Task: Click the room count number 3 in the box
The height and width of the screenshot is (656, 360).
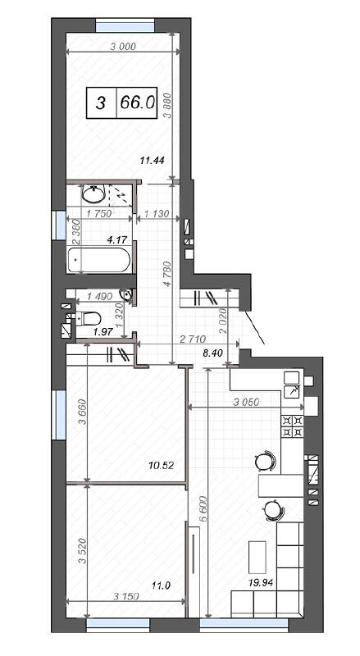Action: pyautogui.click(x=101, y=102)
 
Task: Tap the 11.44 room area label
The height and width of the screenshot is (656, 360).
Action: pyautogui.click(x=153, y=160)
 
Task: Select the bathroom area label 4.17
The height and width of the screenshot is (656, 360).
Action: pyautogui.click(x=97, y=240)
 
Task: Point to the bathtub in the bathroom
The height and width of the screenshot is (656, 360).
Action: pyautogui.click(x=100, y=262)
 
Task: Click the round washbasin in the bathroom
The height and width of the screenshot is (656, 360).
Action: pyautogui.click(x=93, y=196)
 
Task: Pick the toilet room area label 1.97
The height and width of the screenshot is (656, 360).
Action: pyautogui.click(x=103, y=330)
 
